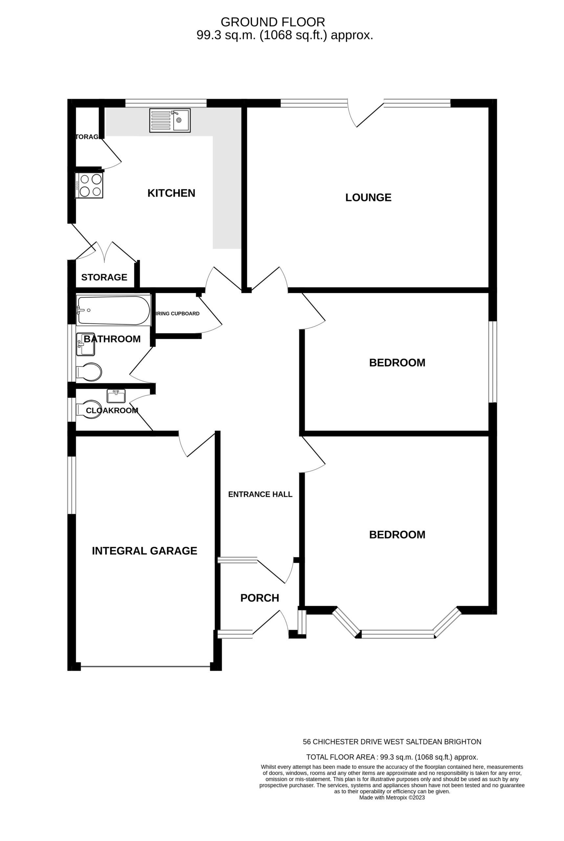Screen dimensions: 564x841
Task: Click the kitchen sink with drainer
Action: (x=170, y=121)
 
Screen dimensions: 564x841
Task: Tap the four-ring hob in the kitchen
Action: (x=89, y=185)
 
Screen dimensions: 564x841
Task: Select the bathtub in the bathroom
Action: (x=113, y=310)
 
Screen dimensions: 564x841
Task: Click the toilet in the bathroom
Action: (x=89, y=372)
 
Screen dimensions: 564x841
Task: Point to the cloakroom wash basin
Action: (x=116, y=396)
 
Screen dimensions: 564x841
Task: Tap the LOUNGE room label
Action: (x=368, y=197)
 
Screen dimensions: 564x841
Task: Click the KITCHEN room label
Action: (x=171, y=193)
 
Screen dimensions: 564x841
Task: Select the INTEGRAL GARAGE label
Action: (x=144, y=551)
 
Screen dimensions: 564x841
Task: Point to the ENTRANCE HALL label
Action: (x=260, y=494)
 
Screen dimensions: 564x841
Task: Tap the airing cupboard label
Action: (x=177, y=313)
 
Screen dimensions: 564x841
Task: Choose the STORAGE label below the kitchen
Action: (x=104, y=277)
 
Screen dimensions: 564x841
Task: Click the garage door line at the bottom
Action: (x=146, y=667)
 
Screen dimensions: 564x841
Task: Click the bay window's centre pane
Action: (x=398, y=634)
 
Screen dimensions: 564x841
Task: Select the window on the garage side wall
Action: (x=72, y=485)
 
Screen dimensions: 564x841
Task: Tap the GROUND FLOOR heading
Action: (x=273, y=22)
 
